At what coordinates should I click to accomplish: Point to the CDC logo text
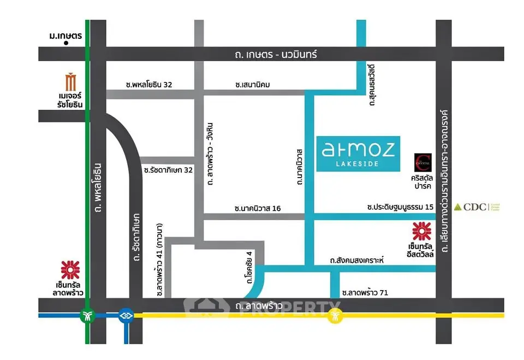point(473,207)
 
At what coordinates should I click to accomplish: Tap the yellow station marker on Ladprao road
point(335,315)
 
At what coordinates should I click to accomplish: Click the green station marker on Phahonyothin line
point(87,315)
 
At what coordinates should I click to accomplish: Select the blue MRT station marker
point(126,315)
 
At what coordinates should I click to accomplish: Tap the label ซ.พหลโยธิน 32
point(148,85)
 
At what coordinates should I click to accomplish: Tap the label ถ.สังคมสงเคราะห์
point(357,261)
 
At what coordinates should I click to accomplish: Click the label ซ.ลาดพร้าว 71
point(365,292)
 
